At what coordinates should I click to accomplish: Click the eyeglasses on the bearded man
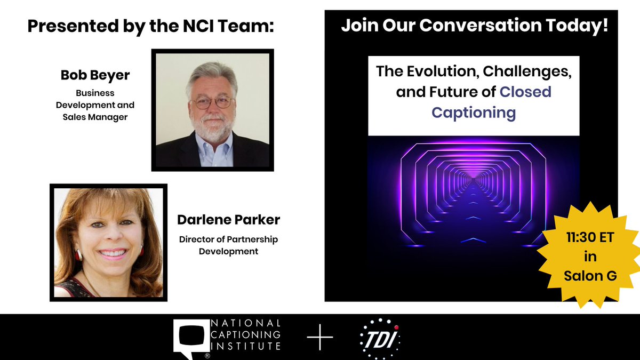tap(212, 101)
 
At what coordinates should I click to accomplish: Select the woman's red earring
tap(79, 255)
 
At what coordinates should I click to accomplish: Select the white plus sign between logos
tap(320, 338)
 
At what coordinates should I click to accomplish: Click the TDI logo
tap(379, 338)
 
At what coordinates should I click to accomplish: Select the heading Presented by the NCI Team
tap(150, 27)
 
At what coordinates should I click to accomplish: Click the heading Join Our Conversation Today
tap(474, 26)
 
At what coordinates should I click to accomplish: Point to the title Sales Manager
tap(95, 117)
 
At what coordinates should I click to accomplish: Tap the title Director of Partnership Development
tap(228, 245)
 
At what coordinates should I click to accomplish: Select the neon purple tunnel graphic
tap(473, 197)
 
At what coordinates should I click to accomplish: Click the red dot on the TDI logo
tap(396, 327)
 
